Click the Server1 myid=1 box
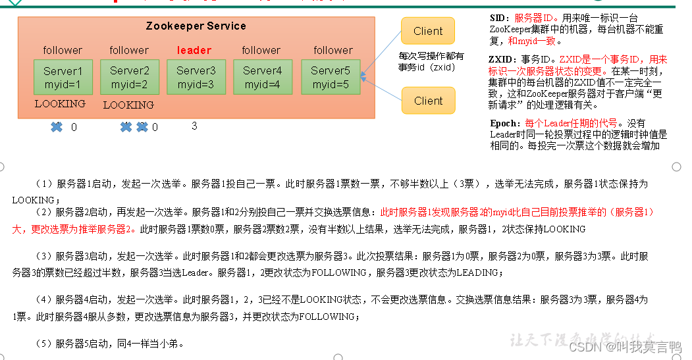pyautogui.click(x=63, y=78)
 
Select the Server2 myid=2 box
pyautogui.click(x=129, y=78)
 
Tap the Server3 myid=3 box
pyautogui.click(x=196, y=78)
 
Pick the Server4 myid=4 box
pyautogui.click(x=262, y=78)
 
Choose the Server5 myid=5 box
pyautogui.click(x=331, y=78)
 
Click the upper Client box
pyautogui.click(x=428, y=31)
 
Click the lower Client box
pyautogui.click(x=428, y=101)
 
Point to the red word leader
pyautogui.click(x=194, y=50)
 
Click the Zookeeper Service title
pyautogui.click(x=196, y=26)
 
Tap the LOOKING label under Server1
pyautogui.click(x=60, y=104)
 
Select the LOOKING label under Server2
pyautogui.click(x=128, y=105)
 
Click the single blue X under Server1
pyautogui.click(x=57, y=127)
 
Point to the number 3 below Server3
pyautogui.click(x=194, y=126)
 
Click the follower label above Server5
pyautogui.click(x=333, y=50)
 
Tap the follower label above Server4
pyautogui.click(x=261, y=50)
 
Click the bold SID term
pyautogui.click(x=499, y=18)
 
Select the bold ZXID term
pyautogui.click(x=502, y=59)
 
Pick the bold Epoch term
pyautogui.click(x=505, y=123)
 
